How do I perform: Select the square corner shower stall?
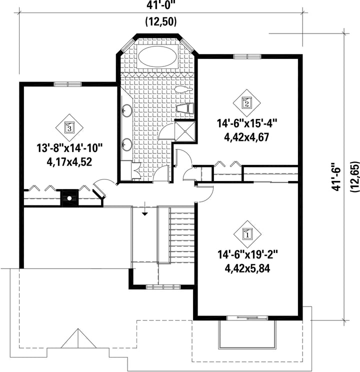pos(185,131)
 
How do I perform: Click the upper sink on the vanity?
pos(126,110)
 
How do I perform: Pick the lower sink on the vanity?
pos(126,144)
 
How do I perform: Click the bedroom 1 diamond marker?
pos(247,234)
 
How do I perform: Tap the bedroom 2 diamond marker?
pos(247,103)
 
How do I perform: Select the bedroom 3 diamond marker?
pos(69,127)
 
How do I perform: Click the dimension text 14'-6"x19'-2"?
pos(247,255)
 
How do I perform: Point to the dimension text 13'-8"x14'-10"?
pos(69,148)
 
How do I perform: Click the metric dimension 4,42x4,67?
pos(246,137)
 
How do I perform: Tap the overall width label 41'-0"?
pos(160,5)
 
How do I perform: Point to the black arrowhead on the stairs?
pos(144,214)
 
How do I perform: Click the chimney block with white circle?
pos(69,198)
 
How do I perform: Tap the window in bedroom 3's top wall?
pos(67,84)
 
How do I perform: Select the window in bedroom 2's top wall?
pos(247,56)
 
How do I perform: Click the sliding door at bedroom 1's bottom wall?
pos(247,318)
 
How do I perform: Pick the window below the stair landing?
pos(163,287)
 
